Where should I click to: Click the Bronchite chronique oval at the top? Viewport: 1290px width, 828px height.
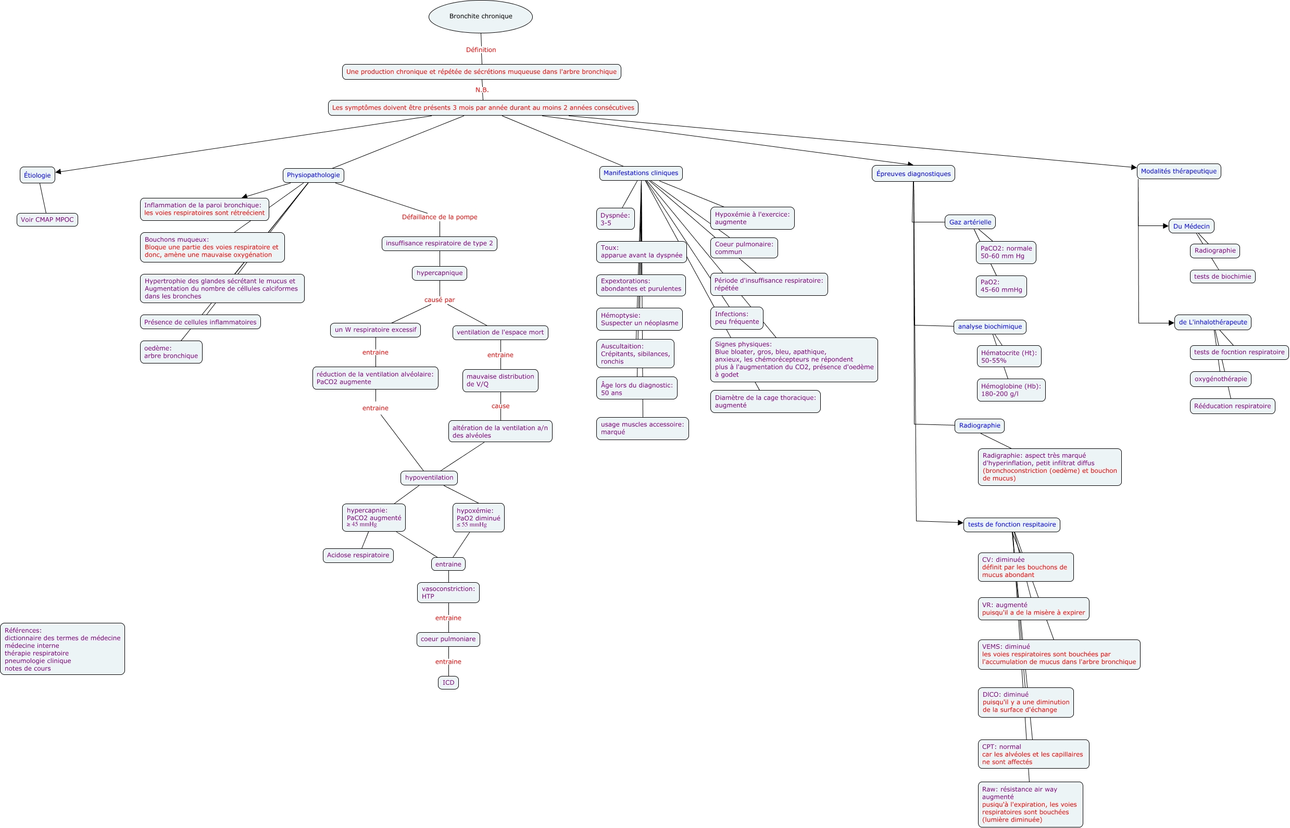(480, 17)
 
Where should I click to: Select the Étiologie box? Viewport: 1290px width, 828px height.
(37, 175)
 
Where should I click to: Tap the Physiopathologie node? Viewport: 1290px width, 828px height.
(313, 175)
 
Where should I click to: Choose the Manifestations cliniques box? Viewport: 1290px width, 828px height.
(641, 173)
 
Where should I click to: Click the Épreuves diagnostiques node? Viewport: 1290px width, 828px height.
(913, 173)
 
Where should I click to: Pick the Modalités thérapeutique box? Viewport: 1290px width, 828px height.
(1178, 171)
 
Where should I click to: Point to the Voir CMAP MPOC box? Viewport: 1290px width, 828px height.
(47, 220)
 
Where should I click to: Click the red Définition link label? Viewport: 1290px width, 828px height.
(481, 50)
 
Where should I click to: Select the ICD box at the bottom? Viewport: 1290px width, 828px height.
(448, 683)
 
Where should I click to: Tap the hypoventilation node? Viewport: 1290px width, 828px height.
(429, 478)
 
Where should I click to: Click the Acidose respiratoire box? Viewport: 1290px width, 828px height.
(358, 556)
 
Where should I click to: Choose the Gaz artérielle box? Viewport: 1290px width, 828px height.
(970, 222)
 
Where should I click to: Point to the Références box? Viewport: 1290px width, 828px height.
(62, 649)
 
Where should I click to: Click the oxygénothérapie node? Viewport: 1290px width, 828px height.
(1220, 379)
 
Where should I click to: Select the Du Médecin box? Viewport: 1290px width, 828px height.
(1191, 227)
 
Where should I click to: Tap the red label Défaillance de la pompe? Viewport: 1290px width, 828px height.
(440, 217)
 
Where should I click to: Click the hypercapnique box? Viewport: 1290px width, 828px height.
(440, 273)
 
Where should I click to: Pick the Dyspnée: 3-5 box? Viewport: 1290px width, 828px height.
(615, 219)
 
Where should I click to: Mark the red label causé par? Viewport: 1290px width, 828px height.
(440, 300)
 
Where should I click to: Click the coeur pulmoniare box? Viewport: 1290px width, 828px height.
(448, 639)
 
